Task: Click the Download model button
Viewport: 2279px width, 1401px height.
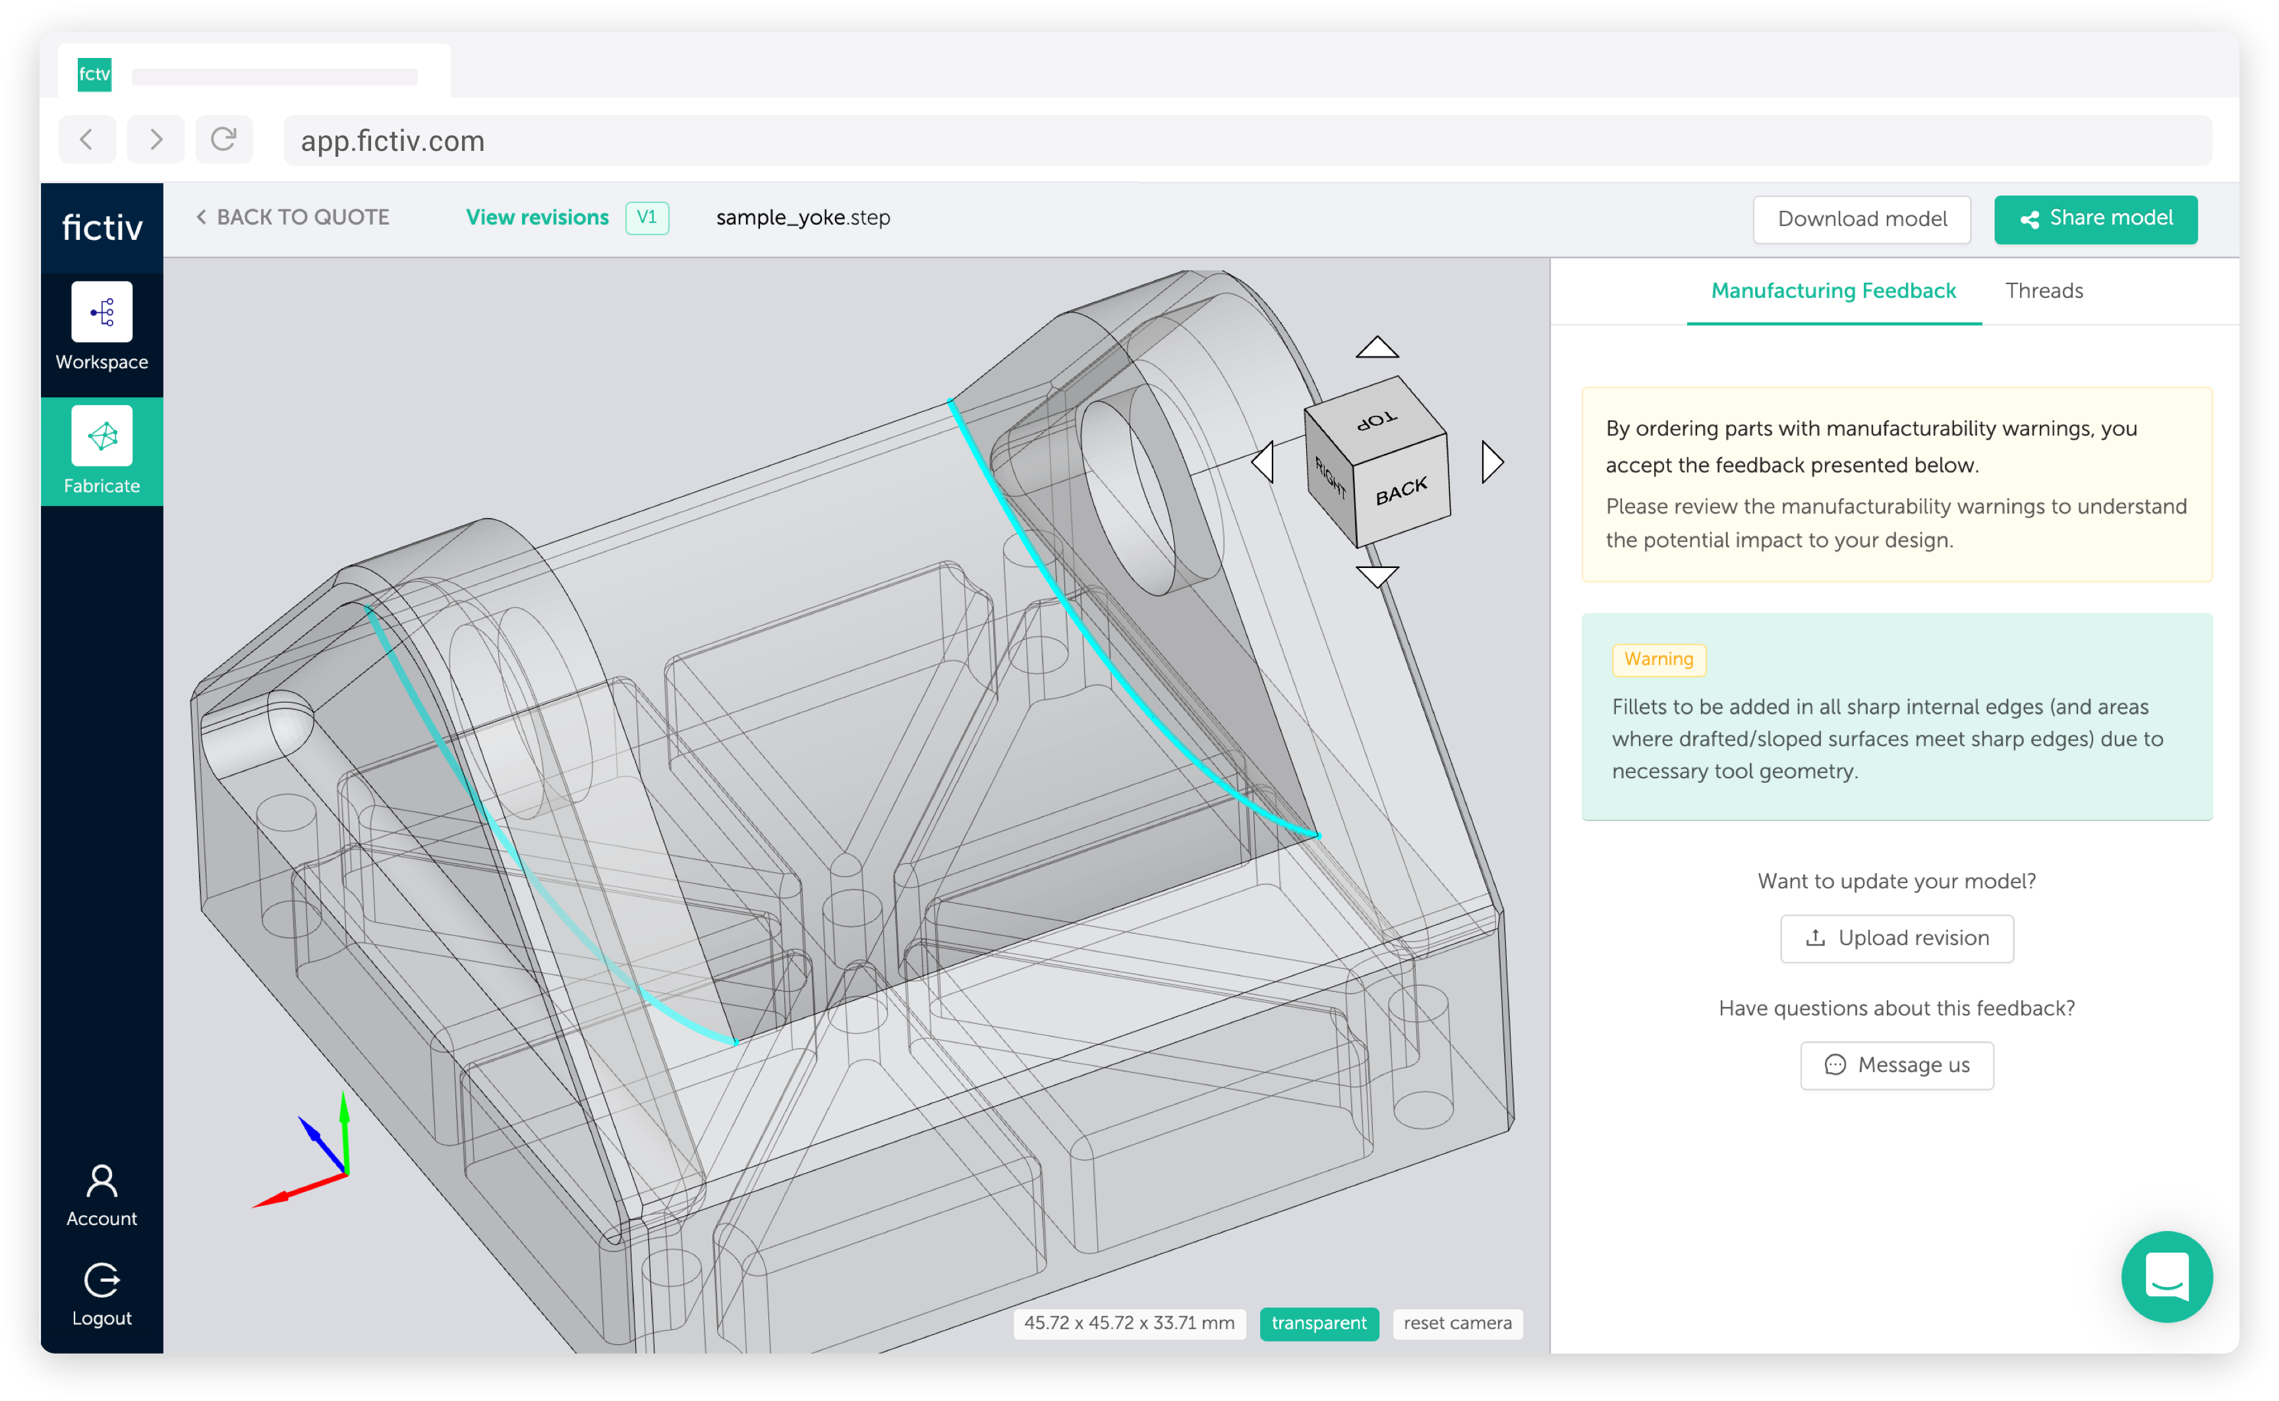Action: [1861, 219]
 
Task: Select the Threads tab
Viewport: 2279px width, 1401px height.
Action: [2044, 291]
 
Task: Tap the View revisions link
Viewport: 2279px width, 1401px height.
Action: [537, 217]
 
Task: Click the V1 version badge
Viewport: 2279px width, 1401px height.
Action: [647, 217]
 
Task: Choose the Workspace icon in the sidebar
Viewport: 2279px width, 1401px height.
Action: [102, 312]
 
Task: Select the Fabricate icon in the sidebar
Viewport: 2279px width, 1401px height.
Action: [102, 436]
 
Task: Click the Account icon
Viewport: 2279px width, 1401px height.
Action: [102, 1182]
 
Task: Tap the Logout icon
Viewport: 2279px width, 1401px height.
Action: [102, 1280]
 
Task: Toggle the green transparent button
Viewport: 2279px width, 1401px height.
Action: [1318, 1323]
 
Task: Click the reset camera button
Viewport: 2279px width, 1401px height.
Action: [1457, 1323]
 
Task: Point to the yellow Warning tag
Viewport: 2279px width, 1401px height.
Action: [1658, 659]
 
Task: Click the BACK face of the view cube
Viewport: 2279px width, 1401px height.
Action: [1402, 491]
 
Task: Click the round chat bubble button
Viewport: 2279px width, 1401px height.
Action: [2166, 1277]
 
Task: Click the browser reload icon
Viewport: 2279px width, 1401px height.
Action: [223, 140]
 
